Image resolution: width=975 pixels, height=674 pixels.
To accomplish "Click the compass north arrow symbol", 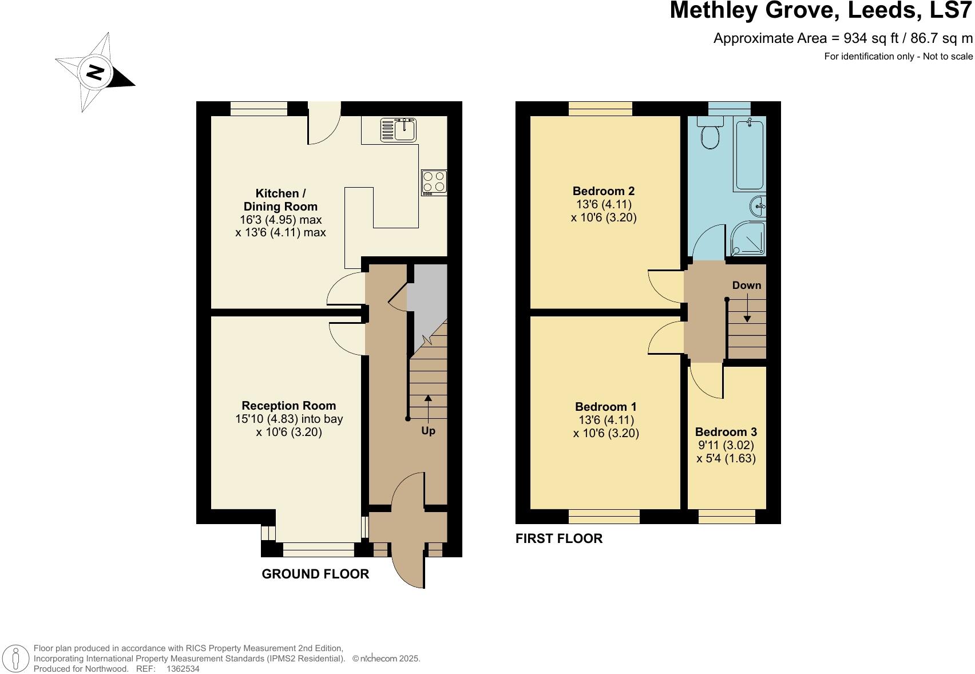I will pos(95,73).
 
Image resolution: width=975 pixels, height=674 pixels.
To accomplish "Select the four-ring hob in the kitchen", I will pos(434,182).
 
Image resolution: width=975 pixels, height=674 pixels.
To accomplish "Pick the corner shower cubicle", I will pos(747,239).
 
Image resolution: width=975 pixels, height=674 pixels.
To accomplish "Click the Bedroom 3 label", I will pos(726,432).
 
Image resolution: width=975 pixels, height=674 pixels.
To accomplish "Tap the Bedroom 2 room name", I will pos(604,191).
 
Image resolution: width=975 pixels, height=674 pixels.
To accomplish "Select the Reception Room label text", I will pos(288,406).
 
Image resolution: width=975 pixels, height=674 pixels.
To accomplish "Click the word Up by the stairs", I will pos(428,431).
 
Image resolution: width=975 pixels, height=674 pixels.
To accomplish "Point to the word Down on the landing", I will pos(747,286).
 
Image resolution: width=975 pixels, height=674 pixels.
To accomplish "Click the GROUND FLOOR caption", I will pos(315,574).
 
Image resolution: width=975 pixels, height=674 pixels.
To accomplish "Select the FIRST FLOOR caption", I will pos(559,538).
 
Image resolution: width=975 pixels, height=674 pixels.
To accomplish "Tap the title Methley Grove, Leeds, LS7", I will pos(821,11).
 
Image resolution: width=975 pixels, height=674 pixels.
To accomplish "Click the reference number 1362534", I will pos(183,668).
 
